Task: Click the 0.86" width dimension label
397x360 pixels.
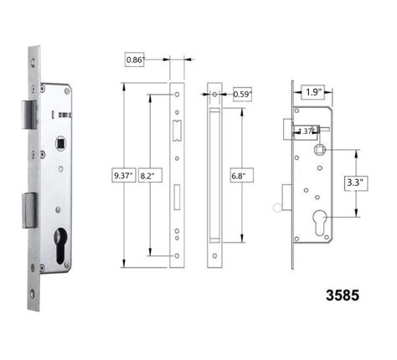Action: point(136,59)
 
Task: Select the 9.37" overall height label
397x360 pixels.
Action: point(123,175)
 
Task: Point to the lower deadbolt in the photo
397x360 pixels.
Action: point(28,209)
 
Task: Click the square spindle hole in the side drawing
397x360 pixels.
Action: point(320,151)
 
